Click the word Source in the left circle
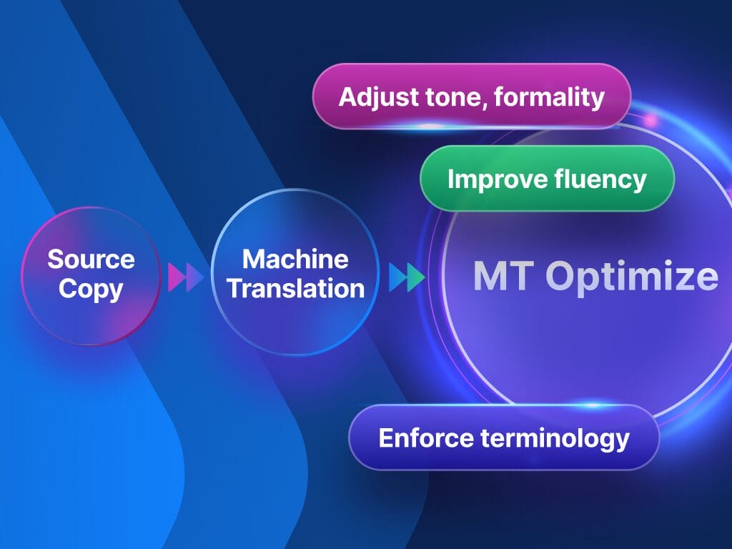point(91,259)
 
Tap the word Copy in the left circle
point(91,289)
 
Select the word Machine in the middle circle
point(295,258)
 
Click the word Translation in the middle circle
point(295,288)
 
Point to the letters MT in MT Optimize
point(500,277)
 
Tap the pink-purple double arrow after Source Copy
point(185,277)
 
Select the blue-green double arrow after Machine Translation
point(406,277)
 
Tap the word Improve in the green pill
point(488,179)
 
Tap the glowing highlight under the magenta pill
point(429,127)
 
